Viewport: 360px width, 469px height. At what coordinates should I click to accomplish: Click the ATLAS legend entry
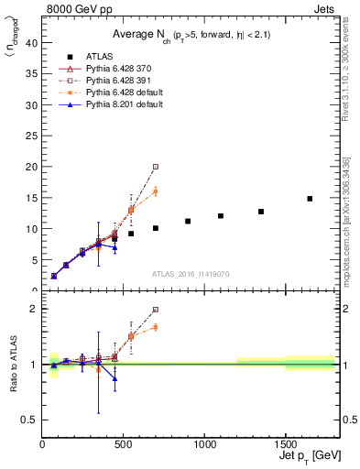[99, 57]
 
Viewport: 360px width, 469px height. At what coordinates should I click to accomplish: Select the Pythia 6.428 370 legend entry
[115, 69]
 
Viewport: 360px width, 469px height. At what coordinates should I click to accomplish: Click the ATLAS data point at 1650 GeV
[310, 199]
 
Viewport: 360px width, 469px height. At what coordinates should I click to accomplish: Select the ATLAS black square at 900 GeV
[188, 221]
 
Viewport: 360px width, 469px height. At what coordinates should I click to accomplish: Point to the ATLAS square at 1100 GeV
[221, 216]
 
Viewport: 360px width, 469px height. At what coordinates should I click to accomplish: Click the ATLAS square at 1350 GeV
[261, 212]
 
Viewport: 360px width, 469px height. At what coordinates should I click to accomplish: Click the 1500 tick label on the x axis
[285, 444]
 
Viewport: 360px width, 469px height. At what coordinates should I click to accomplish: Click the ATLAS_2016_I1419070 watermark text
[190, 274]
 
